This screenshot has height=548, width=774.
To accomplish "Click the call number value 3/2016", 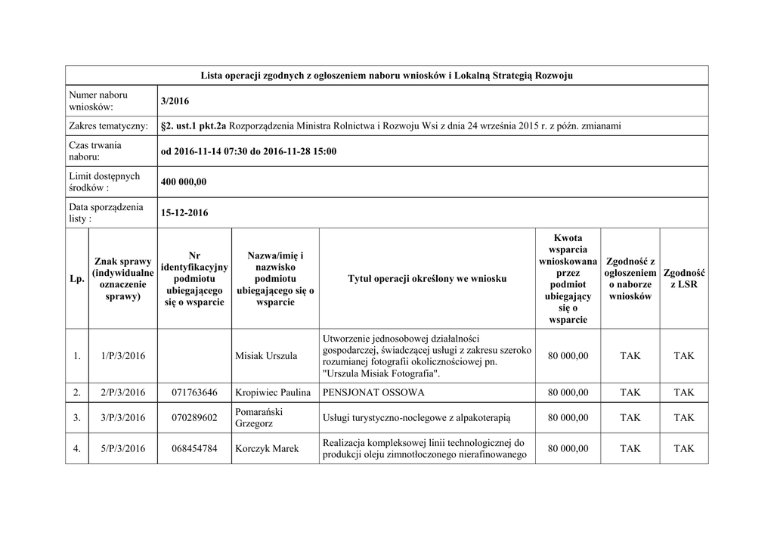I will (x=175, y=101).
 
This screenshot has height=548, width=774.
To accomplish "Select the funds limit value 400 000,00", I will (x=184, y=182).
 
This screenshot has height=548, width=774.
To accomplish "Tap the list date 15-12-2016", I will (x=184, y=213).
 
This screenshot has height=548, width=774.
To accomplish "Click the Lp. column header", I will (x=76, y=279).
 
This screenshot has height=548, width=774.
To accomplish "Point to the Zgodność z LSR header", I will (x=683, y=279).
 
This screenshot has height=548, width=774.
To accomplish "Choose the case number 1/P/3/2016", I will (x=122, y=356).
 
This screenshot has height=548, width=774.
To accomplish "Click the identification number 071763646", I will (x=194, y=393).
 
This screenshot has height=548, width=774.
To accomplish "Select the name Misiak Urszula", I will (x=266, y=356).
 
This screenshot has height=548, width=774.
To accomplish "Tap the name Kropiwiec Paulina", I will (x=273, y=393).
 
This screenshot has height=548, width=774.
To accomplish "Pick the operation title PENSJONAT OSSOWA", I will (x=373, y=393).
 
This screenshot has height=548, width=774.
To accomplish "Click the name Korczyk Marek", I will (x=267, y=449).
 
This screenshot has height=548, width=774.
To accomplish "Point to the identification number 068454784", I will (x=194, y=449).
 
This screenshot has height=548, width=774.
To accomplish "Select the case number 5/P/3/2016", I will (x=122, y=449).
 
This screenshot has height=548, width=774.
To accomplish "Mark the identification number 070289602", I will (x=194, y=418).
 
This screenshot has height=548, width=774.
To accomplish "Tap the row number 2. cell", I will (x=76, y=393).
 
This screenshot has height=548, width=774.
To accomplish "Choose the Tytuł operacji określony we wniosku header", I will (x=427, y=279).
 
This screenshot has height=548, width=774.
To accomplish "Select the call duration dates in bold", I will (x=249, y=151).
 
